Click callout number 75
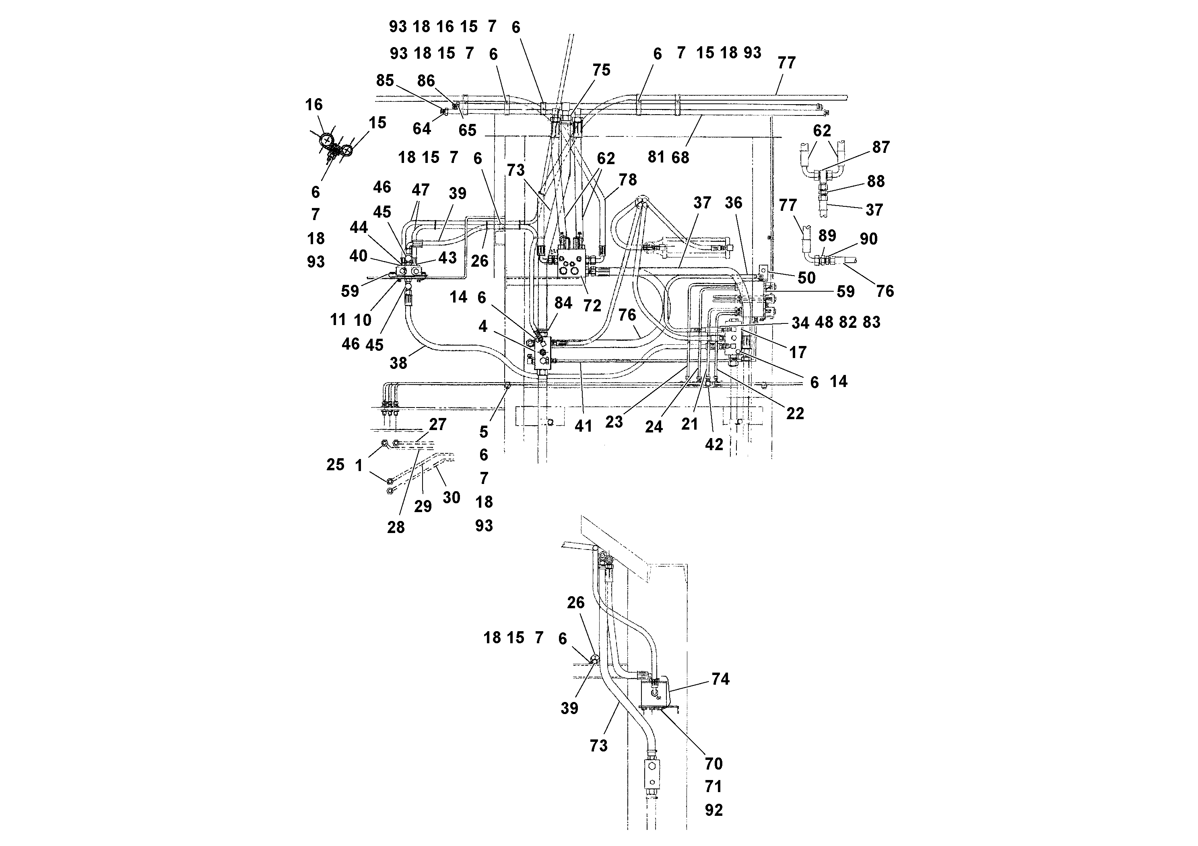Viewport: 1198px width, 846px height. coord(601,70)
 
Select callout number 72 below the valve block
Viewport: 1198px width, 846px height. coord(592,306)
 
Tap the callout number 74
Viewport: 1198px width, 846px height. coord(720,679)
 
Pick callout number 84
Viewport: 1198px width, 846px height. coord(563,303)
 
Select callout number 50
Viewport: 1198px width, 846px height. coord(806,278)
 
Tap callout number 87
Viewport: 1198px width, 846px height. coord(881,147)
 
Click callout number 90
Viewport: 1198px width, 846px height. coord(868,239)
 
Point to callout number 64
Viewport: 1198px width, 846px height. coord(422,128)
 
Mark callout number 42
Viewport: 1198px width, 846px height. coord(714,445)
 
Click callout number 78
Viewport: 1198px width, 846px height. coord(628,179)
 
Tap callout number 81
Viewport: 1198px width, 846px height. coord(656,157)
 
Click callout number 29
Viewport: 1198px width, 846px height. coord(423,506)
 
